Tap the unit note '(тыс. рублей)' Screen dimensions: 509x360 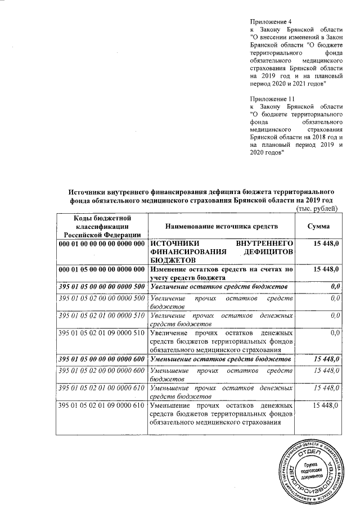(317, 210)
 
